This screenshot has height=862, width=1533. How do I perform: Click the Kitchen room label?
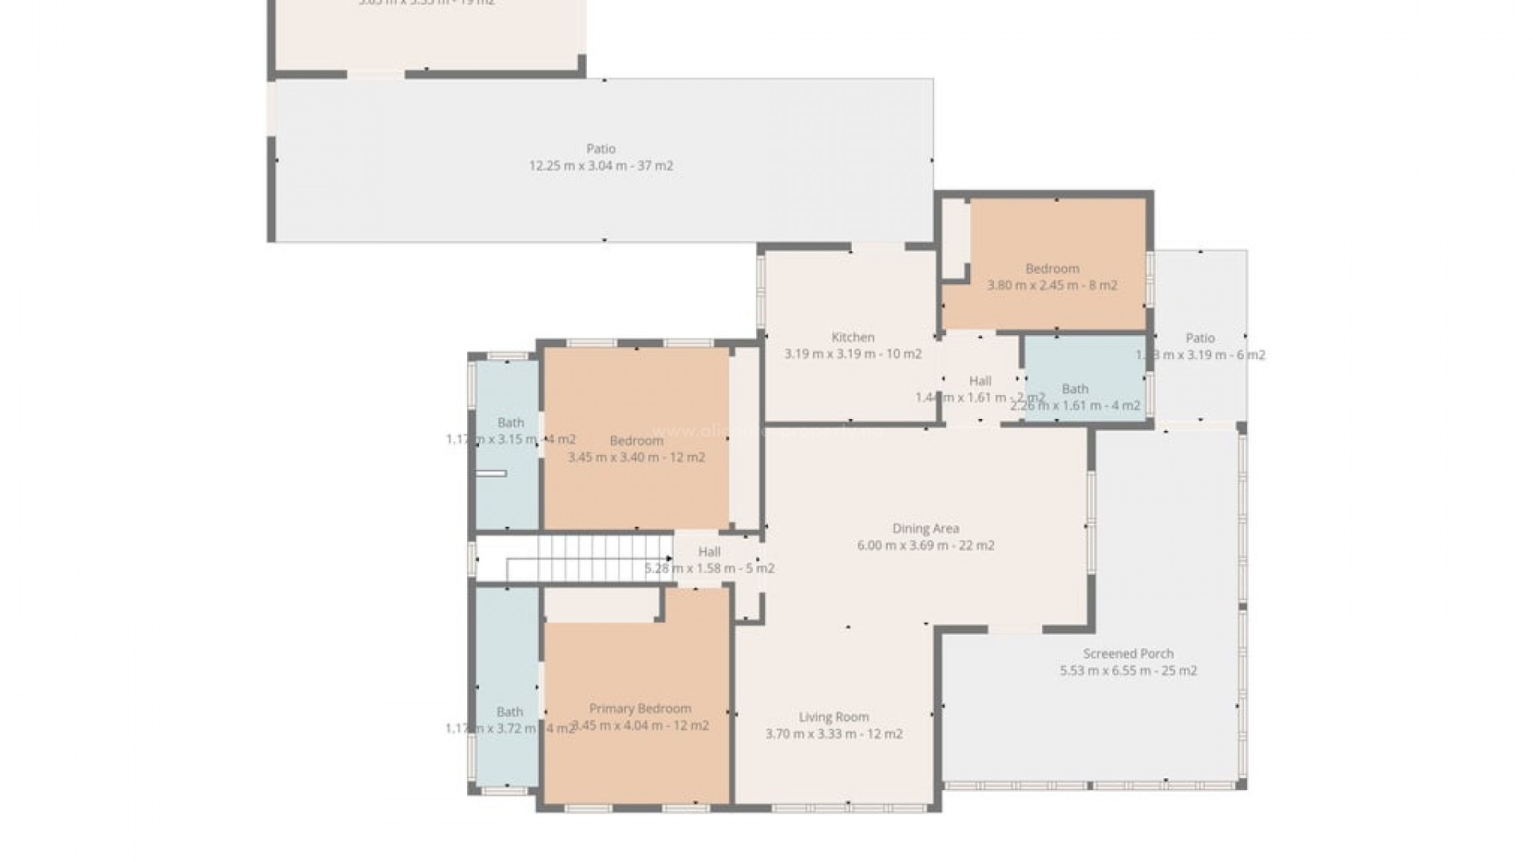[853, 338]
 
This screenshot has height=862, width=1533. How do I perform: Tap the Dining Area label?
[925, 528]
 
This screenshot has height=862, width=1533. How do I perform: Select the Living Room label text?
[834, 717]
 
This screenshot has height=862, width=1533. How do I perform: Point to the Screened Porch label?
[1128, 654]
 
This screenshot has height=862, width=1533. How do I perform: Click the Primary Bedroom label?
[640, 709]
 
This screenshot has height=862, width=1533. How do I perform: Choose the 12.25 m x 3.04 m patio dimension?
[600, 166]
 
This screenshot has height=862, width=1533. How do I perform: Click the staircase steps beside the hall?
[591, 558]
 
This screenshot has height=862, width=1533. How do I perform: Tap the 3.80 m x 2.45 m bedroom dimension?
[1052, 285]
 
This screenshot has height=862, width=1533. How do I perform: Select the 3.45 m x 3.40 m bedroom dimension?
[636, 457]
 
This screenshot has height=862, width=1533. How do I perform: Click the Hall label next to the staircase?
[709, 552]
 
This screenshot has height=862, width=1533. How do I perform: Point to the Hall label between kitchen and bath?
[980, 381]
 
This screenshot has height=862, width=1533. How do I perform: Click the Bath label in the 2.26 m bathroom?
[1075, 389]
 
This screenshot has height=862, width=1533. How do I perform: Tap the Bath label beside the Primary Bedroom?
[509, 712]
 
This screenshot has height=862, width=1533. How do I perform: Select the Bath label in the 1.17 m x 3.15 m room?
[510, 423]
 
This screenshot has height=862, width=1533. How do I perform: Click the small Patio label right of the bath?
[1199, 338]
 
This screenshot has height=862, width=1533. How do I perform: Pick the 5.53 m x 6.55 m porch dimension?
[1128, 670]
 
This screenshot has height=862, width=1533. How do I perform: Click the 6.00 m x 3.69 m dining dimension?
[925, 546]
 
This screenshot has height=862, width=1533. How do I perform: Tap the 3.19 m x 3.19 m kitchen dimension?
[853, 354]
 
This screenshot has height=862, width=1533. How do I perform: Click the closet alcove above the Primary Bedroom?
[600, 604]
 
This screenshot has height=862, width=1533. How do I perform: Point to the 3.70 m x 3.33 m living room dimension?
[834, 734]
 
